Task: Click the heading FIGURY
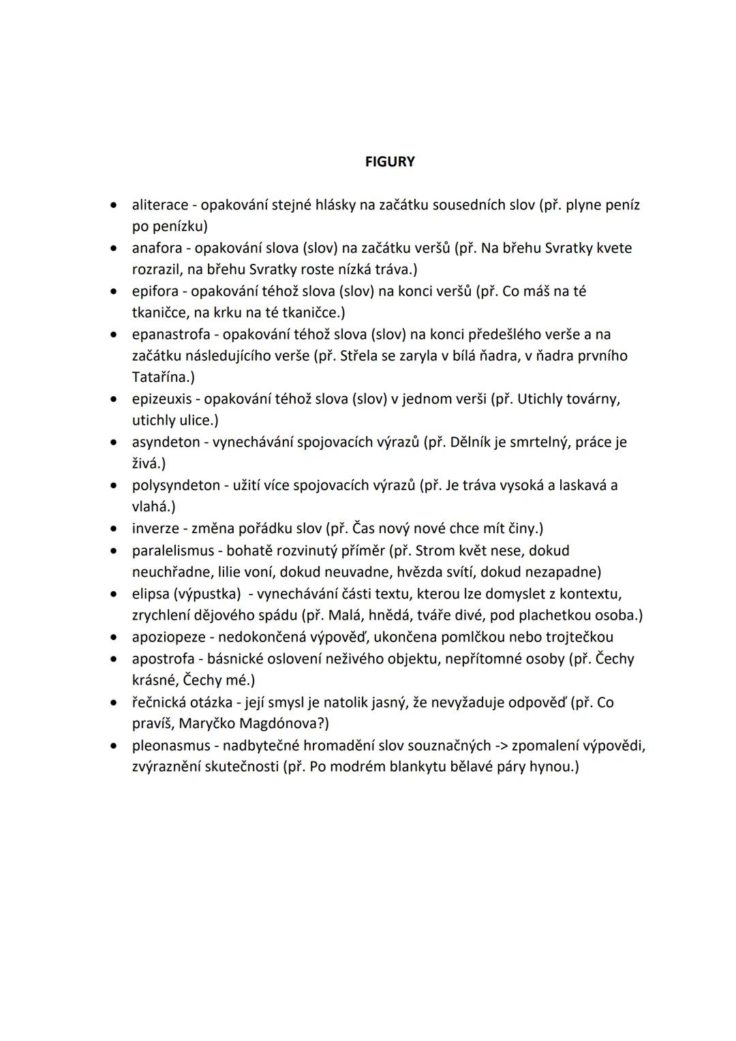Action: coord(390,162)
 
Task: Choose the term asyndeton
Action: coord(166,442)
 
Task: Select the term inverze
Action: coord(155,528)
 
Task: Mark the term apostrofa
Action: coord(163,659)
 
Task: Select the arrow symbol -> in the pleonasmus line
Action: coord(498,745)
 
